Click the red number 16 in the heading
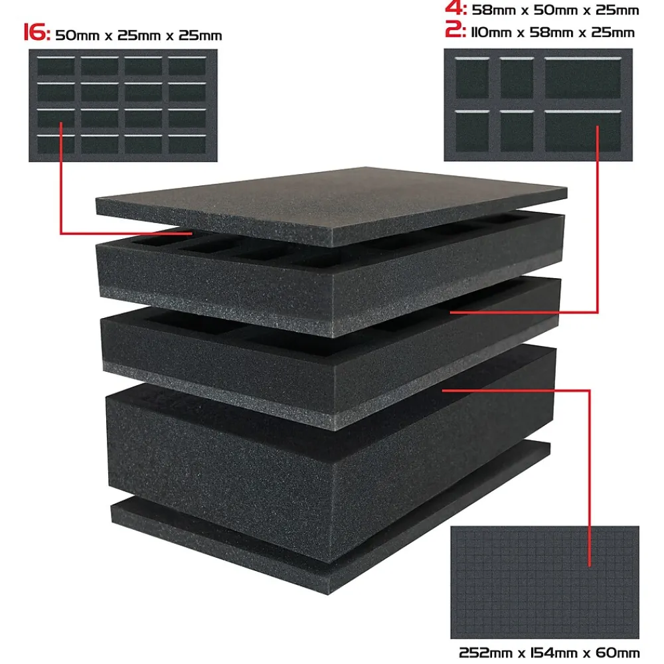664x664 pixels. pos(37,33)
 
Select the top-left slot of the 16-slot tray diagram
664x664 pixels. pos(56,66)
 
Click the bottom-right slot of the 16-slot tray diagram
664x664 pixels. pos(187,144)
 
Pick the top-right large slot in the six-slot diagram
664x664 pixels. pos(583,78)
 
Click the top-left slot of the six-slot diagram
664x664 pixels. pos(472,78)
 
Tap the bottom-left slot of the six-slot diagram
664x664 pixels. pos(472,131)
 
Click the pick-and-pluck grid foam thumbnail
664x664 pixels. pos(544,582)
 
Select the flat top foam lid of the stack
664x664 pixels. pos(331,205)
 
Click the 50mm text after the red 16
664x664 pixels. pos(77,36)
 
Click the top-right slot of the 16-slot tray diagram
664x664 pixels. pos(187,66)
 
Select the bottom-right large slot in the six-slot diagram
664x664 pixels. pos(583,131)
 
